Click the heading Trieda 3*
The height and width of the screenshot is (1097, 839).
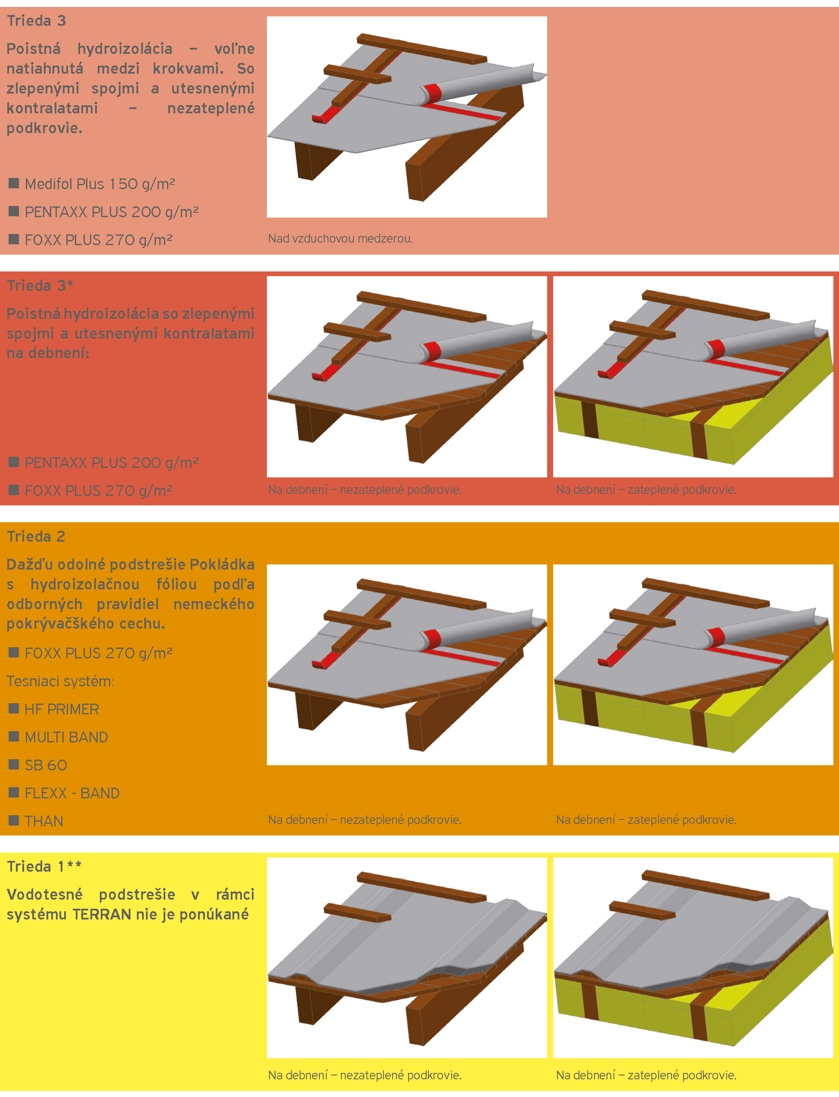(40, 285)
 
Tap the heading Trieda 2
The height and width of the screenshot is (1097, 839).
(36, 536)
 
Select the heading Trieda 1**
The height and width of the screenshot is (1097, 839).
(44, 866)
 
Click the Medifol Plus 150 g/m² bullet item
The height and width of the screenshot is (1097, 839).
(100, 184)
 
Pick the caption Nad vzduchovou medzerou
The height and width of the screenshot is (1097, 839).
(340, 238)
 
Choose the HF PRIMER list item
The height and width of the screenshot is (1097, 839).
(62, 709)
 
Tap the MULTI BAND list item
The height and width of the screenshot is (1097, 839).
(66, 737)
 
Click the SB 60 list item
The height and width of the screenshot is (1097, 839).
(46, 765)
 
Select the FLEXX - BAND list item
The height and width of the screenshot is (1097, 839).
(72, 793)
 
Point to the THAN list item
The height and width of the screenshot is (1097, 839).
(44, 821)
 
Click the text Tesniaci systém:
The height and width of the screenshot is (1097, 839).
(60, 681)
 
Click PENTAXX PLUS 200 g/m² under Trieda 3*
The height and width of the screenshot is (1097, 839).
(112, 463)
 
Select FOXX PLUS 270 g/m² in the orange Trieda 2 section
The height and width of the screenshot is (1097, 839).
(99, 653)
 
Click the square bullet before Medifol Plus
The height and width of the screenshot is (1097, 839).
(14, 183)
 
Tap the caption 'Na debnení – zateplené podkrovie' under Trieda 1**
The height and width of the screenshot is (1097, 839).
(646, 1075)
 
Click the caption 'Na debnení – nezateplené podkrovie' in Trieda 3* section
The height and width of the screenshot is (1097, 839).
(365, 489)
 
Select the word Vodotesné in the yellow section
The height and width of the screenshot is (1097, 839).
(45, 894)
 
